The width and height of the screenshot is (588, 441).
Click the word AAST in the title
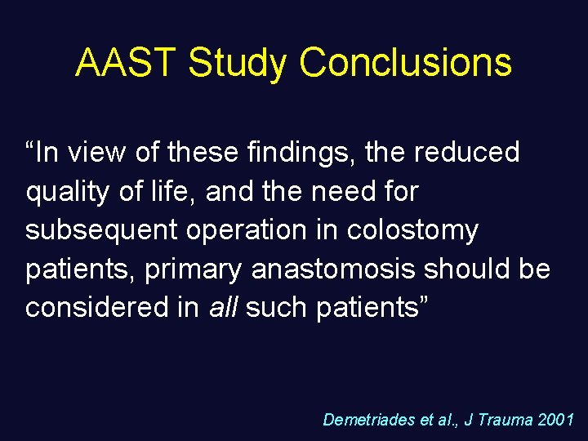click(126, 64)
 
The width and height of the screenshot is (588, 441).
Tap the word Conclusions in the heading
click(406, 64)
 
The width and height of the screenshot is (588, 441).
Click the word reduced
click(466, 152)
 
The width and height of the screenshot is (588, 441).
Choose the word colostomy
click(412, 230)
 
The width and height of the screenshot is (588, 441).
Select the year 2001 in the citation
click(557, 420)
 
